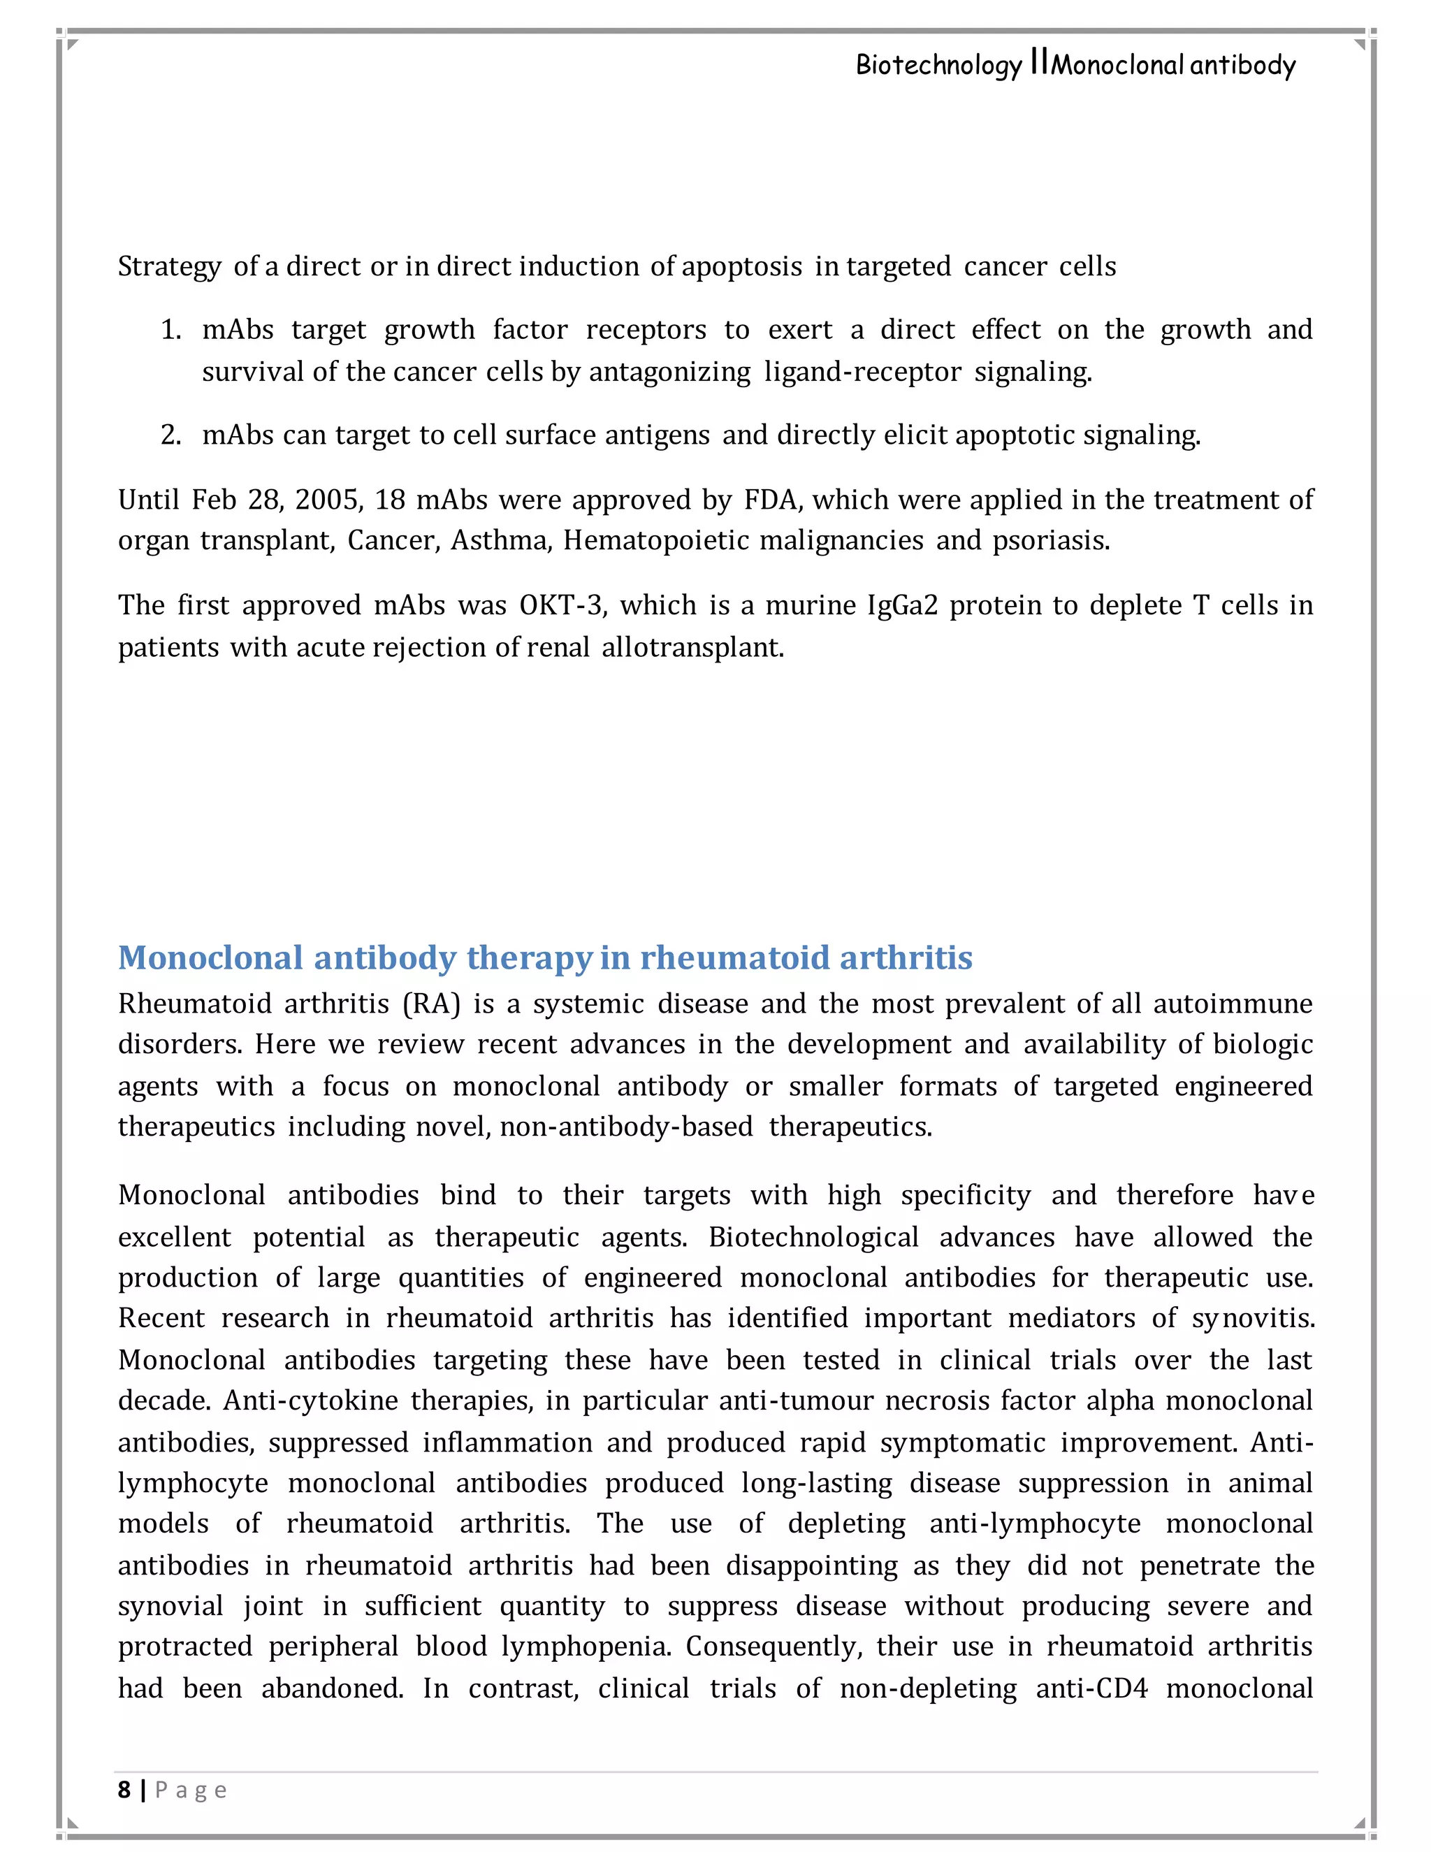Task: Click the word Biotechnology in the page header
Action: [938, 65]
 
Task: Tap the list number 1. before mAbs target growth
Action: [170, 330]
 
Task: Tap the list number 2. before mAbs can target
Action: [170, 435]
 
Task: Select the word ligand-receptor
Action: [862, 372]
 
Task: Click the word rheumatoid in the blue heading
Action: [735, 957]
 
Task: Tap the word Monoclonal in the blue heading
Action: [210, 957]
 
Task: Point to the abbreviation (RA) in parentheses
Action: [432, 1004]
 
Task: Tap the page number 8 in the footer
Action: [124, 1790]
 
